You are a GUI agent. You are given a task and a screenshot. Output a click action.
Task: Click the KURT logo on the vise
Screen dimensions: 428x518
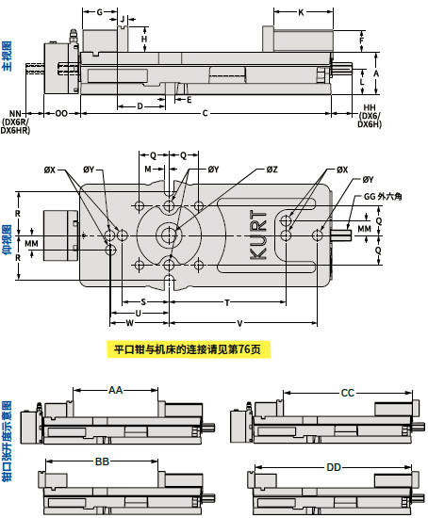tap(258, 235)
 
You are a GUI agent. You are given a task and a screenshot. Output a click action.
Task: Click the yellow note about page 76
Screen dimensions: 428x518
tap(189, 349)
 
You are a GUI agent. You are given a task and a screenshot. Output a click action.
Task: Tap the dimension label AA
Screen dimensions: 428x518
tap(115, 390)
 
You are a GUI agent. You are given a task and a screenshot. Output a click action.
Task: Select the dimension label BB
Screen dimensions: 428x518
tap(102, 461)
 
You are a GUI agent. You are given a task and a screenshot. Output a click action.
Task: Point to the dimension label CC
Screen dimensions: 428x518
tap(347, 393)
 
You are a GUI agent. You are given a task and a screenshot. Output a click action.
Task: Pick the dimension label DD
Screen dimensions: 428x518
tap(334, 467)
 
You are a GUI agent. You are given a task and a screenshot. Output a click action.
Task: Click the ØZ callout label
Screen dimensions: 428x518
tap(272, 170)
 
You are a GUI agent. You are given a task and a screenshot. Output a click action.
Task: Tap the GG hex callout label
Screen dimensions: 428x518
tap(383, 197)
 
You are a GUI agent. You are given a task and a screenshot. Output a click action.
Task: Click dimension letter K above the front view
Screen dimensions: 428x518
tap(301, 12)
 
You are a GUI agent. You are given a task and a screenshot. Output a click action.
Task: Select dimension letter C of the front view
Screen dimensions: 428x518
tap(206, 113)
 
